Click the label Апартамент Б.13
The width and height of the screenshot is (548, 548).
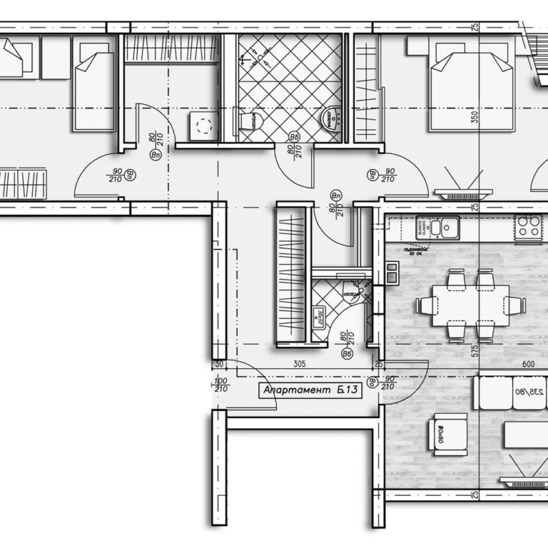tap(311, 391)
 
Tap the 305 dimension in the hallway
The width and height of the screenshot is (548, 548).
tap(299, 364)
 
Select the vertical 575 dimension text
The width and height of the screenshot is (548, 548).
tap(475, 349)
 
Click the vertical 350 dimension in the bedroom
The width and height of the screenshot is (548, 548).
tap(475, 117)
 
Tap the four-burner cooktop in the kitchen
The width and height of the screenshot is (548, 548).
tap(528, 227)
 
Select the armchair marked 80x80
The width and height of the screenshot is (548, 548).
tap(448, 433)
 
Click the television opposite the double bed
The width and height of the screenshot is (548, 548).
tap(462, 192)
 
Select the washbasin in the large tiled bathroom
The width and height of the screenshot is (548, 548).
tap(330, 119)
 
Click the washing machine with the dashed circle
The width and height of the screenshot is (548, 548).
tap(204, 126)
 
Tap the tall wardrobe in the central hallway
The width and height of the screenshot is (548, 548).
tap(290, 274)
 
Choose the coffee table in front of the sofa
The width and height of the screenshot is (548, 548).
tap(526, 434)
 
